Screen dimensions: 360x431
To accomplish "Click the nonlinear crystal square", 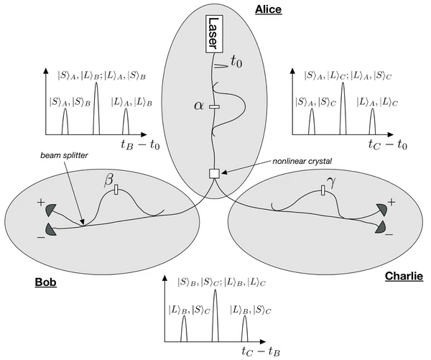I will coord(214,173).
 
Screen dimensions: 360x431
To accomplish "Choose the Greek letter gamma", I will coord(330,179).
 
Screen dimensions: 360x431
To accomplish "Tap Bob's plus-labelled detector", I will coord(52,210).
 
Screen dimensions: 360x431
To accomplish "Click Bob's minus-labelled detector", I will coord(51,228).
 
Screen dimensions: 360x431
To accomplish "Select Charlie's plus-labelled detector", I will coord(380,208).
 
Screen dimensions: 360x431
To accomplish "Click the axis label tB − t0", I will coord(144,143).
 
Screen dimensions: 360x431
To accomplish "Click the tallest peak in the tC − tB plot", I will coord(215,316).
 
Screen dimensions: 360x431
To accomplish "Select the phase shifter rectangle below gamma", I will coord(323,190).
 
